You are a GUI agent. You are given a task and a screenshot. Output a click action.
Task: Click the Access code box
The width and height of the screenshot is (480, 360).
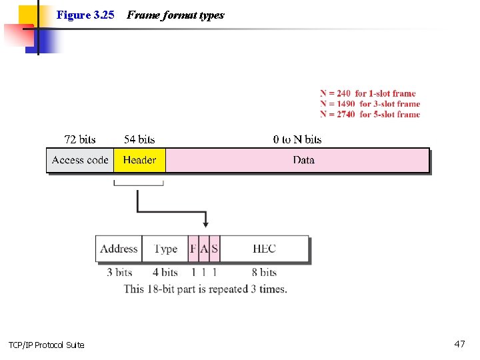pyautogui.click(x=80, y=160)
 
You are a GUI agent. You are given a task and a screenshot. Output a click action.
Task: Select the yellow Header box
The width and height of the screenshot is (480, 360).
pyautogui.click(x=139, y=160)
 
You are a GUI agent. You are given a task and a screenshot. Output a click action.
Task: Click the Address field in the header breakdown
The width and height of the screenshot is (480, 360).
pyautogui.click(x=119, y=249)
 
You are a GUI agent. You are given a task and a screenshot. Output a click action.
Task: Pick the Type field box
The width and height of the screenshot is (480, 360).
pyautogui.click(x=165, y=249)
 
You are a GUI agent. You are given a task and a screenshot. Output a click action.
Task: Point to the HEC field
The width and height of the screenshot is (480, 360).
pyautogui.click(x=264, y=249)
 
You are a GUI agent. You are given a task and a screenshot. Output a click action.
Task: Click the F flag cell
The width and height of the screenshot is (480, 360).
pyautogui.click(x=193, y=249)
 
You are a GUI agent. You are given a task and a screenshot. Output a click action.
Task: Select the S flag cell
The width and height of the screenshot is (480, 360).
pyautogui.click(x=215, y=249)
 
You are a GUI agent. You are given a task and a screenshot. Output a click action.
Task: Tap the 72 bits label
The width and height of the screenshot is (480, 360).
pyautogui.click(x=80, y=139)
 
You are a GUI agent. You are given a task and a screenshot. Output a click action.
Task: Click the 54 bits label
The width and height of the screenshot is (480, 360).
pyautogui.click(x=139, y=139)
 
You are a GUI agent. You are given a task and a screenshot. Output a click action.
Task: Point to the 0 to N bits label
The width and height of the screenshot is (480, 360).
pyautogui.click(x=297, y=139)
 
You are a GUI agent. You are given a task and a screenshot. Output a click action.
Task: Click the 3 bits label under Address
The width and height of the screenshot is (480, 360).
pyautogui.click(x=119, y=272)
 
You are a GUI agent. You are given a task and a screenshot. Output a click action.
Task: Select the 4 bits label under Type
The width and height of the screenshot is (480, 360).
pyautogui.click(x=165, y=272)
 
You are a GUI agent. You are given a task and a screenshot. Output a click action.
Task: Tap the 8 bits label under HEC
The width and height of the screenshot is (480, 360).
pyautogui.click(x=264, y=272)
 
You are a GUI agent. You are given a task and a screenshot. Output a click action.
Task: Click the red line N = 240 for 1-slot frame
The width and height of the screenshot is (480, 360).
pyautogui.click(x=367, y=93)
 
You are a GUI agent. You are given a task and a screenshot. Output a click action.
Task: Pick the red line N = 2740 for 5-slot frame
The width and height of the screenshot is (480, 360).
pyautogui.click(x=370, y=114)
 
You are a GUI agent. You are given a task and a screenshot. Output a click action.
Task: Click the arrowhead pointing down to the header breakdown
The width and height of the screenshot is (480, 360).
pyautogui.click(x=205, y=223)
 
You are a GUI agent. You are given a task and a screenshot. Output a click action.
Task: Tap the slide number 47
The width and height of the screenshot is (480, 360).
pyautogui.click(x=459, y=344)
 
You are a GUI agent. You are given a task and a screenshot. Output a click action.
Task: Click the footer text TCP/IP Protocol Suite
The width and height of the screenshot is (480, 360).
pyautogui.click(x=47, y=345)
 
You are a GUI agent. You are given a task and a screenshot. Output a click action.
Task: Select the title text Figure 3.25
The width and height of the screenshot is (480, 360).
pyautogui.click(x=85, y=15)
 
